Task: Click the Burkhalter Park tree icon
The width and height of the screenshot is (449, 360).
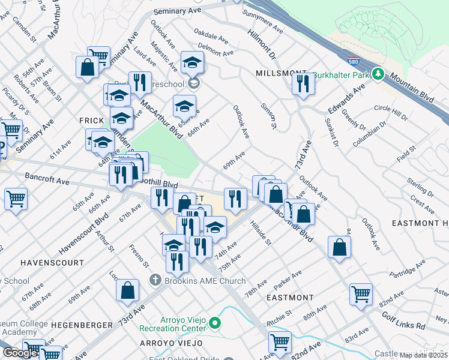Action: click(378, 74)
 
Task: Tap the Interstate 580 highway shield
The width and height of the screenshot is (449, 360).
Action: click(354, 61)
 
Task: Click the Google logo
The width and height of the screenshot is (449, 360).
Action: click(19, 353)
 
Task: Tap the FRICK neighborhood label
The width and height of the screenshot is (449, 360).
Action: click(92, 120)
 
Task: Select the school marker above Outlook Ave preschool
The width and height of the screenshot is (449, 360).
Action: click(192, 62)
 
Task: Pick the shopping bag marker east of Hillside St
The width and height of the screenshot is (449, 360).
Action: click(340, 247)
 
